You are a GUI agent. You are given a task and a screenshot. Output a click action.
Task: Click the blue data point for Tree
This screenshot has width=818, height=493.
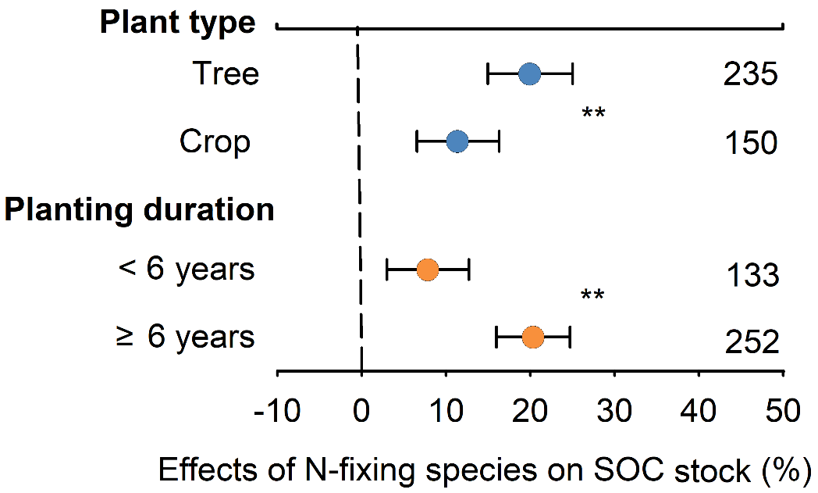pos(529,74)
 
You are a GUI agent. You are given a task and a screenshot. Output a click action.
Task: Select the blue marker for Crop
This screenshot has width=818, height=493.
pos(457,142)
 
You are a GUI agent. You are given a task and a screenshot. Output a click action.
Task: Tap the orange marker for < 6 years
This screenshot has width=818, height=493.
pos(427,270)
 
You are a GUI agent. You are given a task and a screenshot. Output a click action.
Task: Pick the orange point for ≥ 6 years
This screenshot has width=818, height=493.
pos(532,338)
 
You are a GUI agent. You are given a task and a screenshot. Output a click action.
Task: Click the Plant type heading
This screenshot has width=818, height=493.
pos(177,23)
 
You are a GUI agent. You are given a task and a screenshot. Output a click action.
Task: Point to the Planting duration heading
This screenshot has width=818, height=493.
pos(140,210)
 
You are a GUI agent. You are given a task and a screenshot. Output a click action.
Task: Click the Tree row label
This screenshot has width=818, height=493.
pos(226,74)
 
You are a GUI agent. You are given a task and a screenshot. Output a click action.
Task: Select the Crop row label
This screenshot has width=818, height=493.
pos(215,142)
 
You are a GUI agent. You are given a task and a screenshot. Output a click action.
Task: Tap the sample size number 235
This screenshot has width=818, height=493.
pos(750,75)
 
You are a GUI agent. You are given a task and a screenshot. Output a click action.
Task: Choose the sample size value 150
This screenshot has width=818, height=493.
pos(750,143)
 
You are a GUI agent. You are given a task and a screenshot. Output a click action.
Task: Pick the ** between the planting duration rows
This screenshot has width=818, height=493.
pos(593,296)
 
